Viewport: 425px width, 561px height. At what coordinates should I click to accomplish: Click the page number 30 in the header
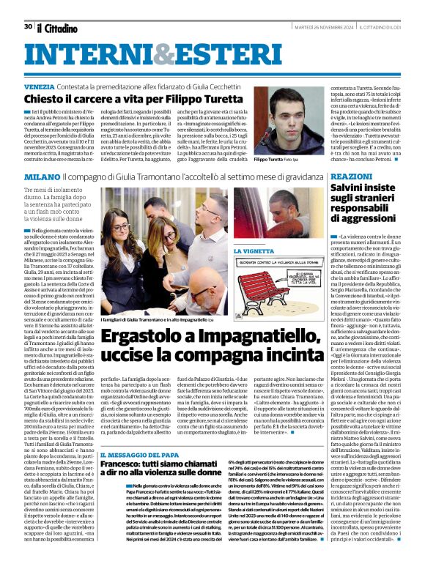pos(28,26)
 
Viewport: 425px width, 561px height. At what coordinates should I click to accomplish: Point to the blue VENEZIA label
pos(37,86)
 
